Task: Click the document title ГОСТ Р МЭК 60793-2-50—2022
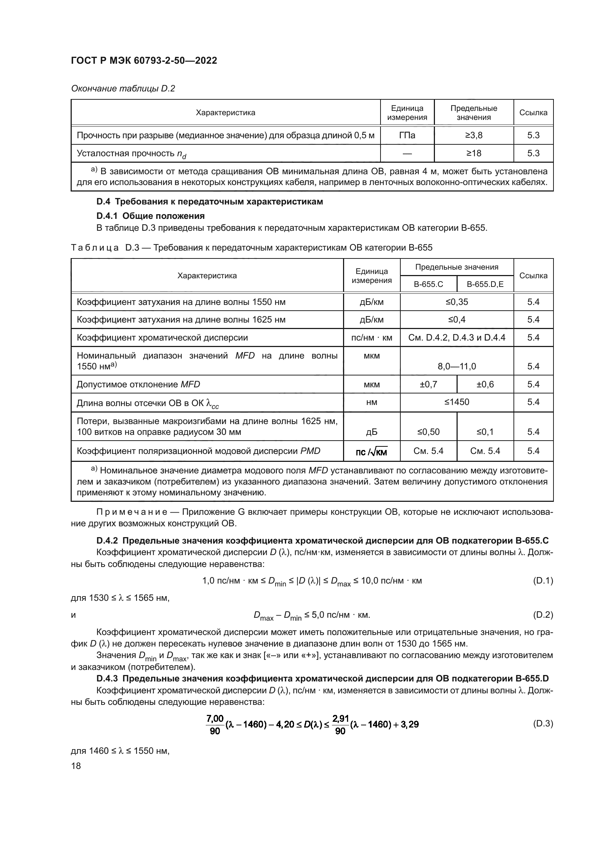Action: point(144,60)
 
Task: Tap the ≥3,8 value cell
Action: point(473,135)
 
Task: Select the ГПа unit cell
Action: point(407,135)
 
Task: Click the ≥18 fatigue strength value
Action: point(473,153)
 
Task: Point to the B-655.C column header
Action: point(428,284)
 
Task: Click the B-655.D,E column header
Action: point(485,284)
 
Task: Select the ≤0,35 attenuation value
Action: point(457,302)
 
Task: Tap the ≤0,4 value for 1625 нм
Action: point(457,319)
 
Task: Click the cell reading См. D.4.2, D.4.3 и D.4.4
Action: point(457,337)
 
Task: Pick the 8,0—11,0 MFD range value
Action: point(457,366)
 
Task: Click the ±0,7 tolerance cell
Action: point(428,384)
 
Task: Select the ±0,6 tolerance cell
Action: point(485,384)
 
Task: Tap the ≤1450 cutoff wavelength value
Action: point(457,402)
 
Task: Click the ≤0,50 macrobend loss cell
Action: point(428,432)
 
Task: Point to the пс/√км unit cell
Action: point(372,451)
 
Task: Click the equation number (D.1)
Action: point(542,581)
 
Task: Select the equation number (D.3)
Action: point(542,724)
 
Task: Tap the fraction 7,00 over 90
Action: point(215,724)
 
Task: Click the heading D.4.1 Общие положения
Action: point(151,216)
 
